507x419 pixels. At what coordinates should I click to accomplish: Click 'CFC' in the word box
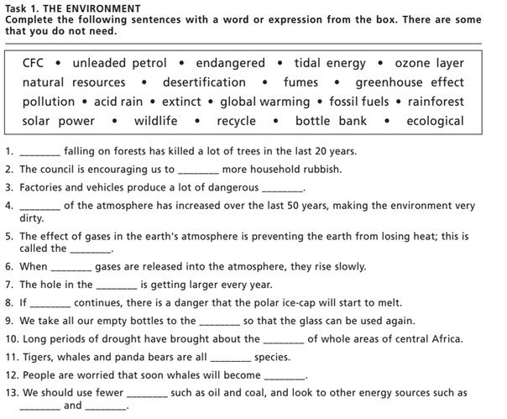pyautogui.click(x=33, y=63)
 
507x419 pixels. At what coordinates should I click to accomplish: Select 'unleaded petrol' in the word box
pyautogui.click(x=119, y=63)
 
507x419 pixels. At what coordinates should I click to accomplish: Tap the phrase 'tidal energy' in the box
pyautogui.click(x=330, y=63)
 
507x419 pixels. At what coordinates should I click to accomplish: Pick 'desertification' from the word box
pyautogui.click(x=204, y=82)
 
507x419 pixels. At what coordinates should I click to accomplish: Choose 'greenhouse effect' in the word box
pyautogui.click(x=409, y=82)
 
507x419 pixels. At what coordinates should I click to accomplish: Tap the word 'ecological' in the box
pyautogui.click(x=435, y=121)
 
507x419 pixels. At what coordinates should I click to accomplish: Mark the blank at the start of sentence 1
pyautogui.click(x=39, y=153)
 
